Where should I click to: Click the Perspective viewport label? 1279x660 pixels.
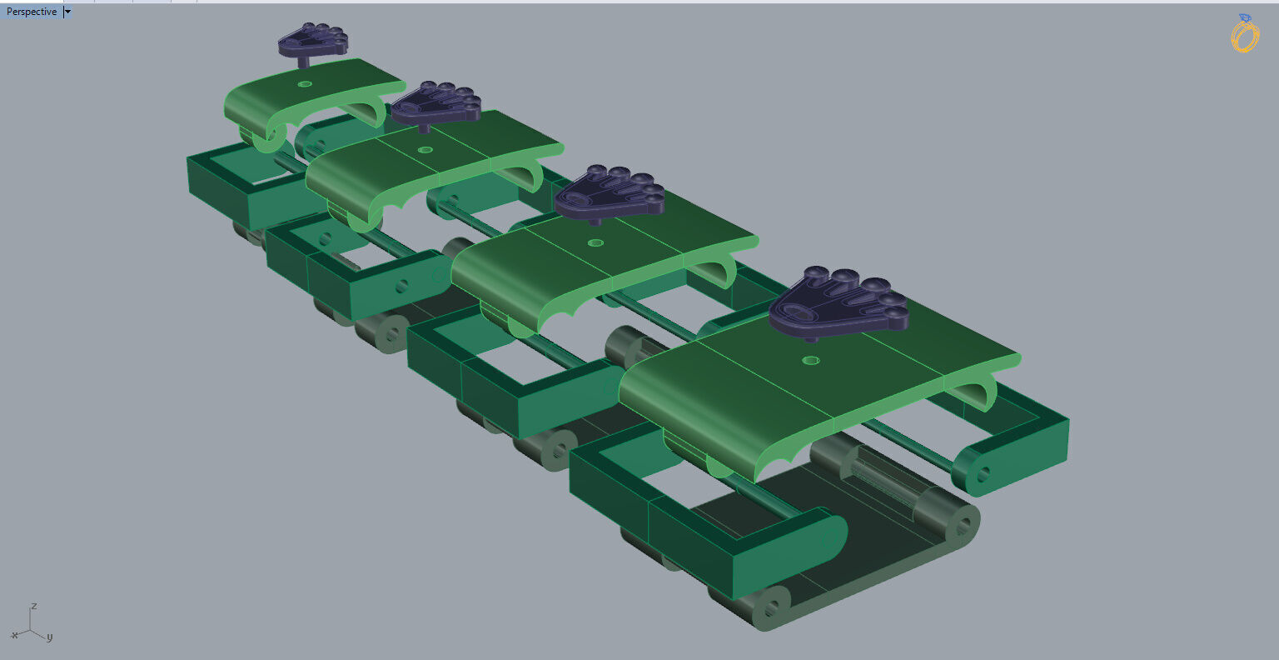32,12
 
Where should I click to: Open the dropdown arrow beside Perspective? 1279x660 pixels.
67,12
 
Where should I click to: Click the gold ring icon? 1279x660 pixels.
1244,36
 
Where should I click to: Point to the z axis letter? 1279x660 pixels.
33,606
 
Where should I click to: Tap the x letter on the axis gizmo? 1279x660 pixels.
14,635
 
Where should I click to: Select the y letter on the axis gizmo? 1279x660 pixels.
49,637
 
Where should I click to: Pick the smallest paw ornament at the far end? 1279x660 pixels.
312,40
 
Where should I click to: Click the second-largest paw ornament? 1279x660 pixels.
608,192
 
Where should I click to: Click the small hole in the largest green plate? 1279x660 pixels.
810,360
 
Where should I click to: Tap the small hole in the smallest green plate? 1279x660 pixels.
305,84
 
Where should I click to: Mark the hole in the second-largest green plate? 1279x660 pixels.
595,243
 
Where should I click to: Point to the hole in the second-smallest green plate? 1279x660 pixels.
426,150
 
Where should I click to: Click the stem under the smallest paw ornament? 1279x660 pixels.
303,61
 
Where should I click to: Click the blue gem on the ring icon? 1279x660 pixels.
1245,17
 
